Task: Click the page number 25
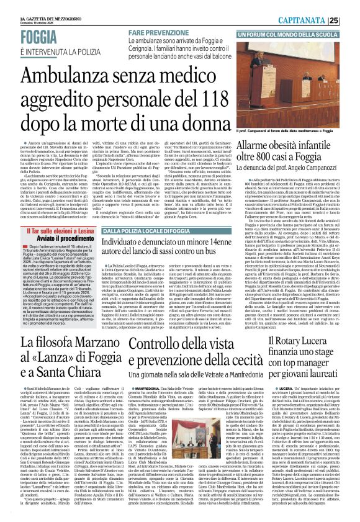(x=351, y=19)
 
